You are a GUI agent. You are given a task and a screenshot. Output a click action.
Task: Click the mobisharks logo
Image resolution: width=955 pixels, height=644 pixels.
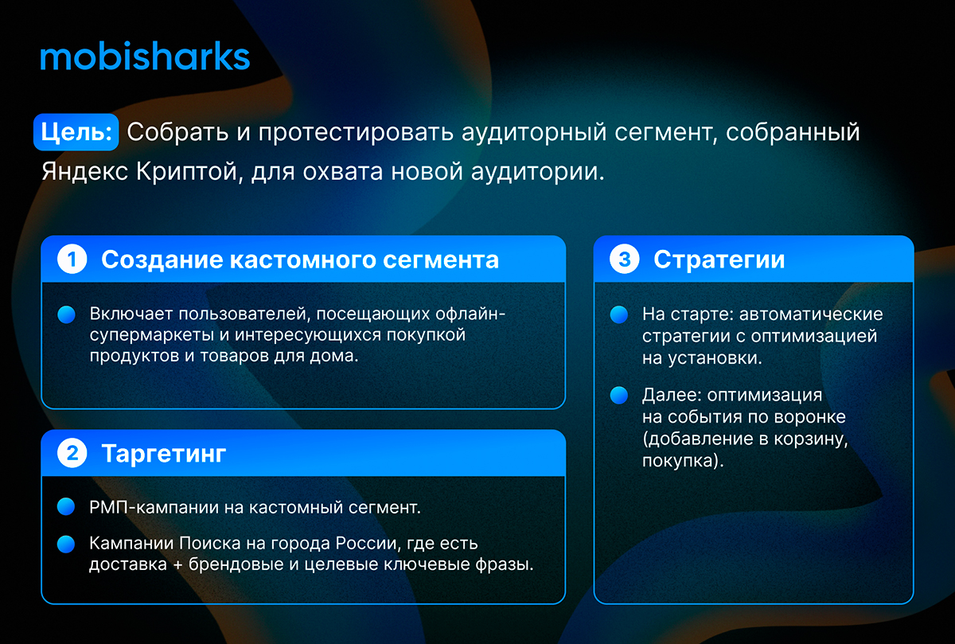145,56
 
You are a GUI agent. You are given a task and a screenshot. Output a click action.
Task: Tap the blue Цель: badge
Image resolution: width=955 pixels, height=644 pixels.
76,132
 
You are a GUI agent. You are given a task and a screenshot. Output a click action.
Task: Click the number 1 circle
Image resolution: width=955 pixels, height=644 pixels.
72,259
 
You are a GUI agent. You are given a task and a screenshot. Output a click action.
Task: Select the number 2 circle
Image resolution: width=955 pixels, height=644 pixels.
72,453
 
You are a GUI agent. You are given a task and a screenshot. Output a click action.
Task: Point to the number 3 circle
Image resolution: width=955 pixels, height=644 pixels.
624,259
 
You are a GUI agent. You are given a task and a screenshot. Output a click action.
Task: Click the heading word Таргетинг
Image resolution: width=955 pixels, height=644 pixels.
164,454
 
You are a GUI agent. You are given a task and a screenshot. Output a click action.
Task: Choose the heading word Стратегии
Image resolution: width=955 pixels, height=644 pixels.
719,260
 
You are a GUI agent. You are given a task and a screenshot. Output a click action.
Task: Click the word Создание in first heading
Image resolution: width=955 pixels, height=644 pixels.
162,260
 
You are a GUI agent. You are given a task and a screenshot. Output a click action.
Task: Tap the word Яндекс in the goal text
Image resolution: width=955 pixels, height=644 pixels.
85,171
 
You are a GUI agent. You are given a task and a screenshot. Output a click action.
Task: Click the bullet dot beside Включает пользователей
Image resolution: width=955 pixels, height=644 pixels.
67,314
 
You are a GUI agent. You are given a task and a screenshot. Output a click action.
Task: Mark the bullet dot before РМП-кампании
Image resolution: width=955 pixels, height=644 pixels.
66,506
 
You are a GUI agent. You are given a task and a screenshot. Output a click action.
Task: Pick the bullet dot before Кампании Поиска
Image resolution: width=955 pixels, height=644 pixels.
66,544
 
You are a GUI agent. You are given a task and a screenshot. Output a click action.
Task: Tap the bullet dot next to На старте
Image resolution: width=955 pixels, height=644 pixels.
619,314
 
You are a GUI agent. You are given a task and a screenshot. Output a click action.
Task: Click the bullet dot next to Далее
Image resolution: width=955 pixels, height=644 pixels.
619,395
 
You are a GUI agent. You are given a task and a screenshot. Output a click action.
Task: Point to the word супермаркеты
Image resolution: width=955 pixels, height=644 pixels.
152,336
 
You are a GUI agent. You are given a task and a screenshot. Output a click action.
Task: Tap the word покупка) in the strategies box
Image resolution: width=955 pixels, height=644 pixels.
683,461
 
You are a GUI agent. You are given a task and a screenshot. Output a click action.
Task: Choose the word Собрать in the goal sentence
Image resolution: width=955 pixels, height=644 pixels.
177,132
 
